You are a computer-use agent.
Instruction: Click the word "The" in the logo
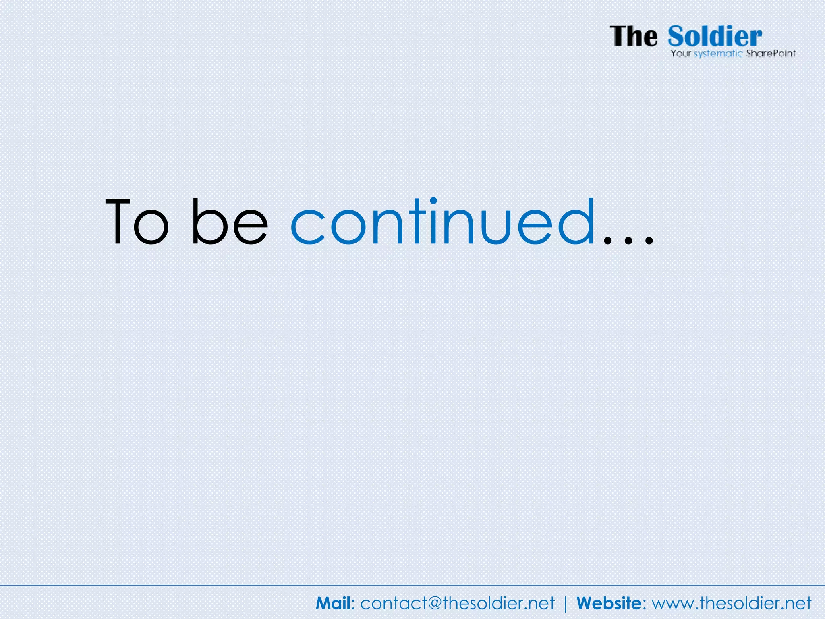(x=634, y=36)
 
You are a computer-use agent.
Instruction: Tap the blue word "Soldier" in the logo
(x=715, y=36)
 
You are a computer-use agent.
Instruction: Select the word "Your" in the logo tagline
(x=681, y=54)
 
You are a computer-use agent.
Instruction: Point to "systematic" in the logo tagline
(x=718, y=54)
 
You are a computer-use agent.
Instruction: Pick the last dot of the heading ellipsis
(x=649, y=241)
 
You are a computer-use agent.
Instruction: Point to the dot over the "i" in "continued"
(x=433, y=201)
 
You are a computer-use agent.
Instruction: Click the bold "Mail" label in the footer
(x=333, y=603)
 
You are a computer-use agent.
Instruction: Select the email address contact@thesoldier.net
(x=457, y=603)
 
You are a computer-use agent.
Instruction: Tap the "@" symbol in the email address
(x=434, y=604)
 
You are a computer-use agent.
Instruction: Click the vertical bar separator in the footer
(x=566, y=604)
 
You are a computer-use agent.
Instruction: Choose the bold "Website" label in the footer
(x=609, y=603)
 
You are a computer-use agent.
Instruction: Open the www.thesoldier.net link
(x=732, y=603)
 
